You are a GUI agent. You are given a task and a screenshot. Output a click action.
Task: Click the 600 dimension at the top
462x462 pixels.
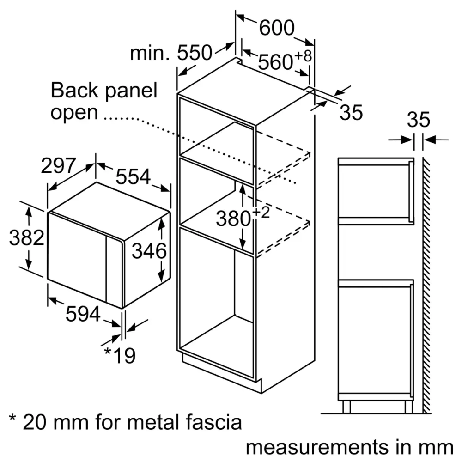pyautogui.click(x=276, y=29)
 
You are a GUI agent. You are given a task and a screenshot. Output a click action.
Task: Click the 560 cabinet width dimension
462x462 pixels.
pyautogui.click(x=275, y=62)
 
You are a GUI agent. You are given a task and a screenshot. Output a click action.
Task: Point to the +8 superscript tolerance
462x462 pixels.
pyautogui.click(x=304, y=56)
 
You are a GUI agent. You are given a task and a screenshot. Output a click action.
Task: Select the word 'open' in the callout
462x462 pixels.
pyautogui.click(x=74, y=112)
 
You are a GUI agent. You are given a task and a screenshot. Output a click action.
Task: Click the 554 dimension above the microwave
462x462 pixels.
pyautogui.click(x=133, y=176)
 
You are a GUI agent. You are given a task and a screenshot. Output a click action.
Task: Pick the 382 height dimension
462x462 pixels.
pyautogui.click(x=27, y=238)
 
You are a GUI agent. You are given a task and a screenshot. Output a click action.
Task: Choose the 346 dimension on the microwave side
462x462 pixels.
pyautogui.click(x=149, y=251)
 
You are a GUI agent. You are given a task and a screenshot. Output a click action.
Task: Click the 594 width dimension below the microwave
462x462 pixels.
pyautogui.click(x=83, y=315)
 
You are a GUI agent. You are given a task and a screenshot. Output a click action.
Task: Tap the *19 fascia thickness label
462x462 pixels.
pyautogui.click(x=119, y=355)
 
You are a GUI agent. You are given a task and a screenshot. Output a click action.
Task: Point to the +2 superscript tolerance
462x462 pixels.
pyautogui.click(x=260, y=213)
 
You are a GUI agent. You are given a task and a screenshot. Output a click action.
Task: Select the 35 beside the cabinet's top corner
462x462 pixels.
pyautogui.click(x=351, y=113)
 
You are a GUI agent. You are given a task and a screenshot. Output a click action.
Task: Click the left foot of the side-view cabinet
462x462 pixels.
pyautogui.click(x=346, y=407)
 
